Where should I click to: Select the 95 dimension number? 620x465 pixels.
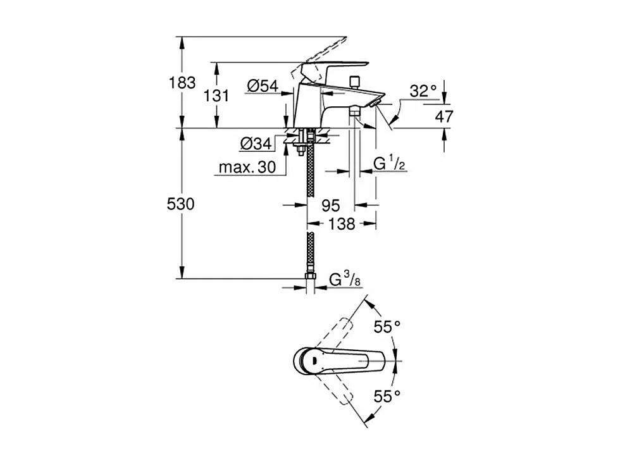(x=331, y=205)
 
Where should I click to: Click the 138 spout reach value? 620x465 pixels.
(x=342, y=223)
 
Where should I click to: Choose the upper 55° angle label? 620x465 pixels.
(x=387, y=327)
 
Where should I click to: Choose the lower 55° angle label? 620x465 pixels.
(x=387, y=396)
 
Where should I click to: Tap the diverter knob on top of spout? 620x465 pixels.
(x=354, y=80)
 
